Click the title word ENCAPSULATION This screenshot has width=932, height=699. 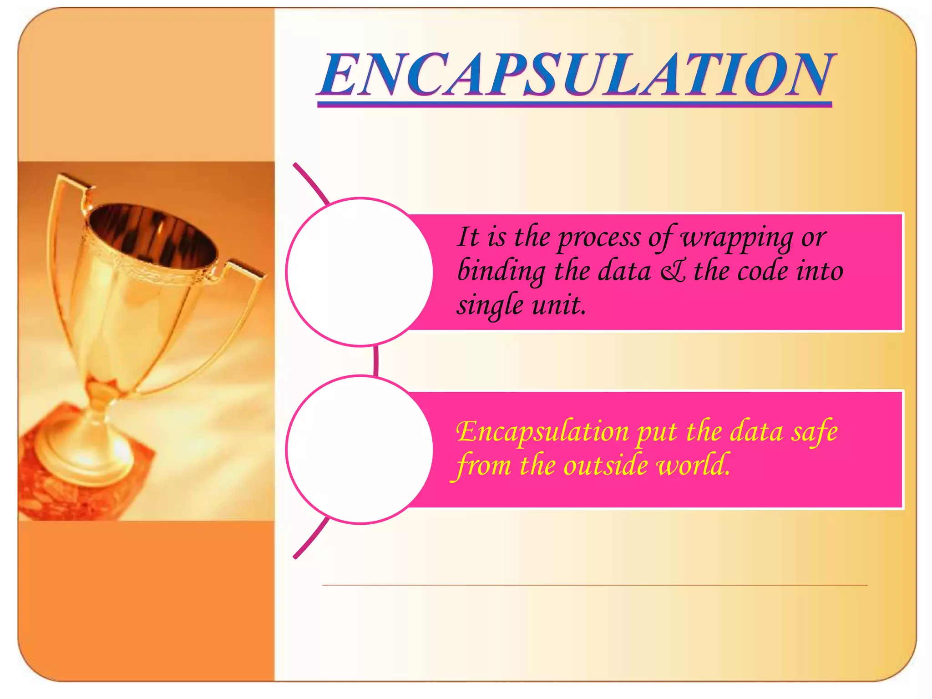[x=575, y=75]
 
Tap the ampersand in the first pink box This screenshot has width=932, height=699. [x=673, y=272]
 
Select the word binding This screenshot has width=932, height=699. [x=501, y=272]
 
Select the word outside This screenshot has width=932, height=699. [x=605, y=465]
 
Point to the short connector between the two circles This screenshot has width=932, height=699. [x=376, y=361]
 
